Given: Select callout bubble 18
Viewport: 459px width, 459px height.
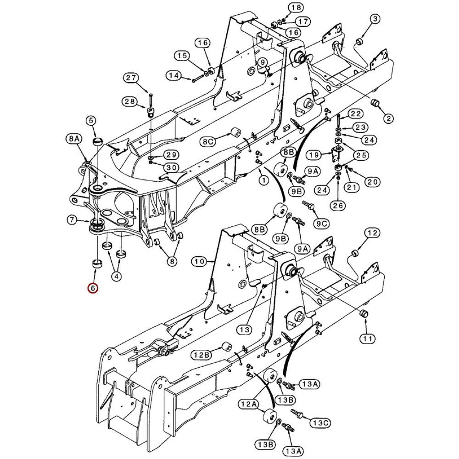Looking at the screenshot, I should click(x=296, y=7).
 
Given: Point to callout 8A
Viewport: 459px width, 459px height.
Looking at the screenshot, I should click(x=74, y=138).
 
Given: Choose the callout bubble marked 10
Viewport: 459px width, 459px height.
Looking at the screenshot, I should click(x=199, y=262).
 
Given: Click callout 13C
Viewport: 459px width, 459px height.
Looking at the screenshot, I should click(x=321, y=422).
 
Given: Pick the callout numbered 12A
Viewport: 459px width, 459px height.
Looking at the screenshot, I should click(x=248, y=404).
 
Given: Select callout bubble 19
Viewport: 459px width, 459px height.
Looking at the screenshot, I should click(x=313, y=154).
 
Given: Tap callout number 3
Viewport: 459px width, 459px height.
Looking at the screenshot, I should click(x=375, y=19).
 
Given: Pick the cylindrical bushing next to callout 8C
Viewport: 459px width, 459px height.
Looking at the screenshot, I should click(x=236, y=133).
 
